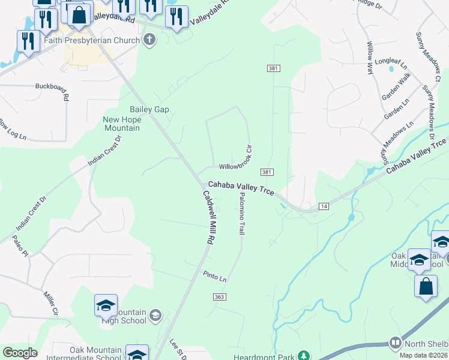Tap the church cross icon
coord(149,41)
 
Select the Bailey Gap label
coord(149,109)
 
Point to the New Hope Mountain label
coord(122,124)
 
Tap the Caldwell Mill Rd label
coord(208,217)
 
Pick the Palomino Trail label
coord(242,213)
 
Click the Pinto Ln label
coord(214,278)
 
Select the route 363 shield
coord(219,297)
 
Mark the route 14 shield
coord(324,206)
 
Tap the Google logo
coord(20,353)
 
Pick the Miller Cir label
coord(50,303)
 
